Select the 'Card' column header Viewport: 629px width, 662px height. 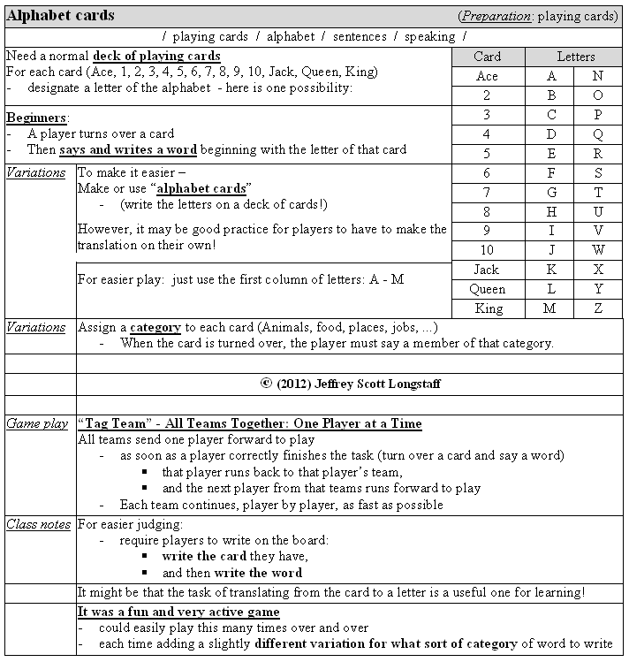pos(487,57)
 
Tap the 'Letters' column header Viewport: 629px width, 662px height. pos(575,57)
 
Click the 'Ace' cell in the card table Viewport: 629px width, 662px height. pos(487,76)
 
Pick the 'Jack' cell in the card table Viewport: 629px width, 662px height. pos(487,270)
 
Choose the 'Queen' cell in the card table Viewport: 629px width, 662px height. pos(487,289)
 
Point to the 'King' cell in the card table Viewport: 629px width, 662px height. pos(487,308)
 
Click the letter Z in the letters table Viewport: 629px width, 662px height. pos(598,308)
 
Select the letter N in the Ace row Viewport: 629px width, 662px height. pos(598,76)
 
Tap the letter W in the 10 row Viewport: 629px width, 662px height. pos(598,250)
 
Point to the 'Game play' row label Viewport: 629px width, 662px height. pos(37,424)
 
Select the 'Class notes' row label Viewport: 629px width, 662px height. pos(38,524)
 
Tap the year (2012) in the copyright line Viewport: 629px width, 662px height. pos(298,384)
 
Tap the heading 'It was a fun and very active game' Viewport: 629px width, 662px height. pos(178,612)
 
